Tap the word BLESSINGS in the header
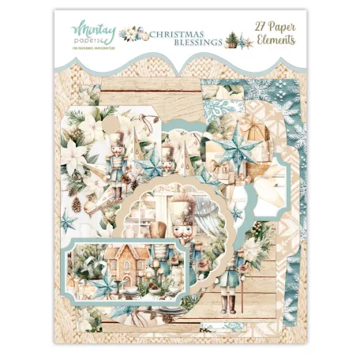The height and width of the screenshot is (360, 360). click(x=178, y=43)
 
